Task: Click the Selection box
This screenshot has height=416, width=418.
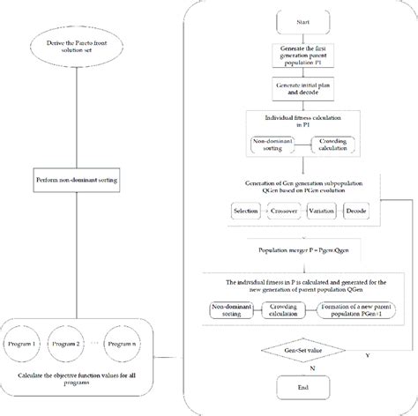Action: (245, 212)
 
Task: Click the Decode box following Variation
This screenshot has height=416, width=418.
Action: (363, 212)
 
